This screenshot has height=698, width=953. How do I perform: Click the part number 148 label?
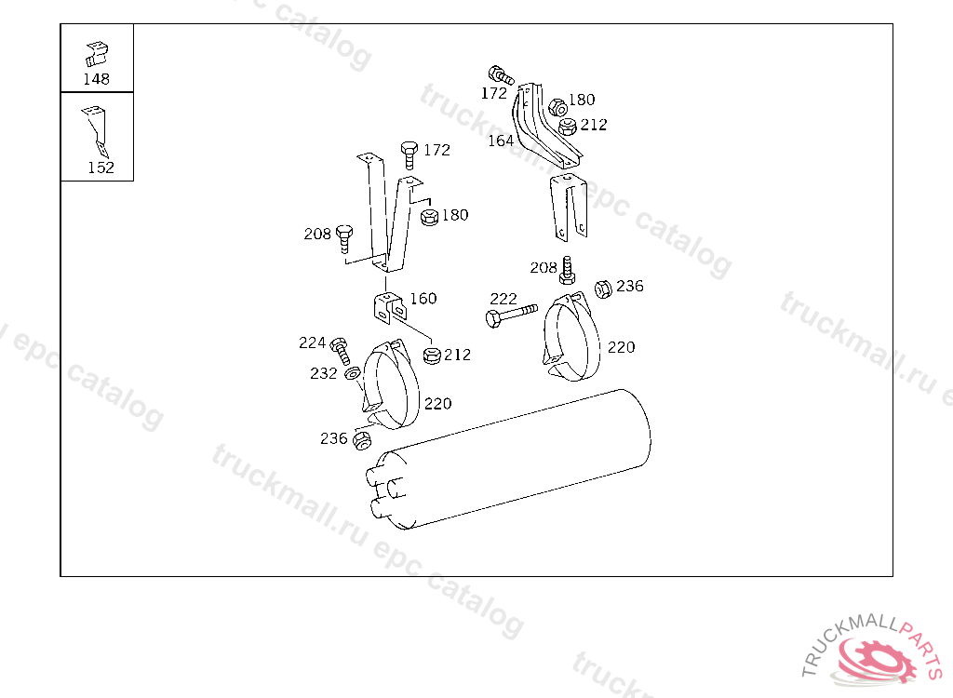(96, 79)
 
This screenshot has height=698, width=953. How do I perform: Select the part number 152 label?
(101, 168)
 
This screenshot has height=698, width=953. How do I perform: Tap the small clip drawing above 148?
(96, 54)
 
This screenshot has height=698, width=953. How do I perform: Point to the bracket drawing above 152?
(96, 131)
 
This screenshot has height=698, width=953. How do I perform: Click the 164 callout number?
(501, 141)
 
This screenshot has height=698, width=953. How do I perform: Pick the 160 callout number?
(423, 298)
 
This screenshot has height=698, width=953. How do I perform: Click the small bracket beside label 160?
(388, 307)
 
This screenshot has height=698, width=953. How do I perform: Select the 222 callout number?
(503, 299)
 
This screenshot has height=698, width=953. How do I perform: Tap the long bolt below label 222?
(512, 315)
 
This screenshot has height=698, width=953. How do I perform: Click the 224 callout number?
(312, 342)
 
